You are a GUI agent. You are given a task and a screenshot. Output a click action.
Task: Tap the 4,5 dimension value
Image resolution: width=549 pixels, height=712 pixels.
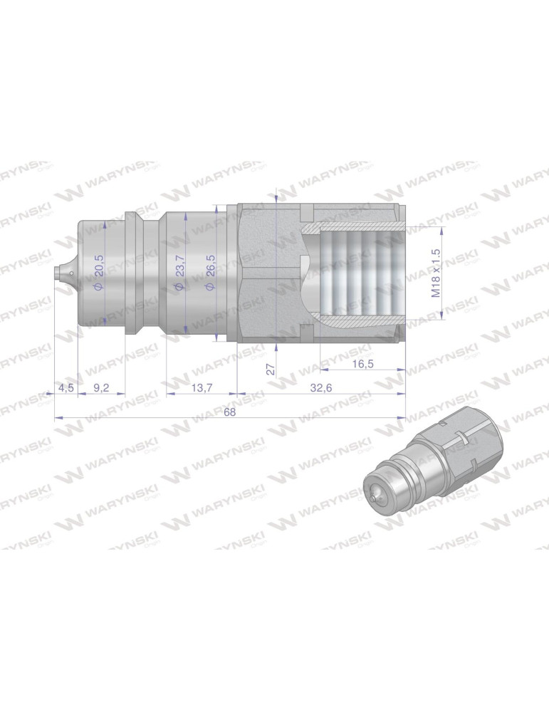tap(66, 388)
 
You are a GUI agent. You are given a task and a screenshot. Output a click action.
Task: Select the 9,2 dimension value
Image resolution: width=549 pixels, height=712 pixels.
tap(101, 388)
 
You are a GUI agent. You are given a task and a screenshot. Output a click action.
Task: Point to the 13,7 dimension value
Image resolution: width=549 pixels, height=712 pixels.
tap(202, 388)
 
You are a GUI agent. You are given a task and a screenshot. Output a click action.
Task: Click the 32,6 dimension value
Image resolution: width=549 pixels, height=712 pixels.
tap(320, 388)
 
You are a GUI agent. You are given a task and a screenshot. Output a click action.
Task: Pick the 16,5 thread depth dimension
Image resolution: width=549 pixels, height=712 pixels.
tap(363, 365)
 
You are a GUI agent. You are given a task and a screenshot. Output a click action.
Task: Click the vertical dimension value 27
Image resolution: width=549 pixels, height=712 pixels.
tap(270, 369)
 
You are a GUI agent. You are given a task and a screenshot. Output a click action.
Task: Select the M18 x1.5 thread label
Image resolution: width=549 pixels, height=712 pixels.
tap(436, 273)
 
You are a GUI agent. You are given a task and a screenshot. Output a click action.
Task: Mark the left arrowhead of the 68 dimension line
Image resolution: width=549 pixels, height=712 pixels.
tap(57, 418)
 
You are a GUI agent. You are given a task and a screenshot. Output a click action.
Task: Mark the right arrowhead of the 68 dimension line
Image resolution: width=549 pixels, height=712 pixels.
tap(402, 418)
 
